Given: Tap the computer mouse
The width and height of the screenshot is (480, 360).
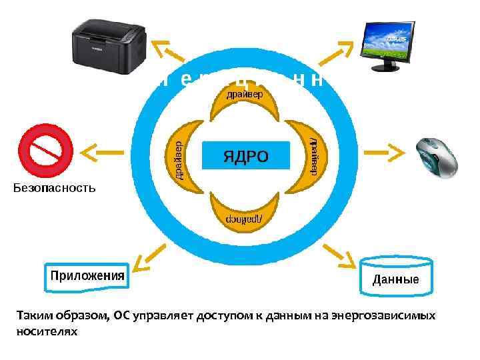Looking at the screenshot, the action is click(x=437, y=157).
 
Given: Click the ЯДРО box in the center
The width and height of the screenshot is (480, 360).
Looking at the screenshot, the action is click(x=245, y=157).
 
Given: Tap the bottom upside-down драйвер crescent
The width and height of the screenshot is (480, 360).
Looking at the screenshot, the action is click(x=245, y=213).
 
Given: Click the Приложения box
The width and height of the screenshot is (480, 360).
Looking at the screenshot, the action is click(x=87, y=276).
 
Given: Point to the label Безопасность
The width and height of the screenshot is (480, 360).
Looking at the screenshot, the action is click(x=55, y=188).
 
